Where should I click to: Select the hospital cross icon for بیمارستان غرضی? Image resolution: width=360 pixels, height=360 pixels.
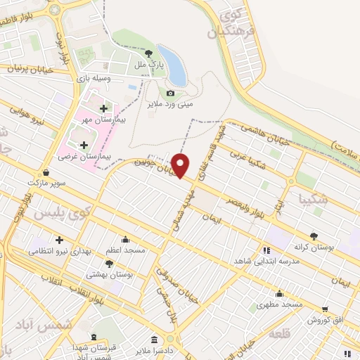coord(84,144)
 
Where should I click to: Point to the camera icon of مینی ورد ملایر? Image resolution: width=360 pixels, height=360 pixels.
coord(170,93)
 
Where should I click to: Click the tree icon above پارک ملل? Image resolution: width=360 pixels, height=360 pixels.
coord(148,53)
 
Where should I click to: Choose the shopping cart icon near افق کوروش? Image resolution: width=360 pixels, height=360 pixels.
coord(325,309)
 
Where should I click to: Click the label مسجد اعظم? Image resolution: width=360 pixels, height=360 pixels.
coord(125,250)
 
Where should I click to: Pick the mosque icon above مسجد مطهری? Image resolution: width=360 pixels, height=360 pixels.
coord(280,293)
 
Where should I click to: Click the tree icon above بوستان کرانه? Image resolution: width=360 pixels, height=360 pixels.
coord(313,237)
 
